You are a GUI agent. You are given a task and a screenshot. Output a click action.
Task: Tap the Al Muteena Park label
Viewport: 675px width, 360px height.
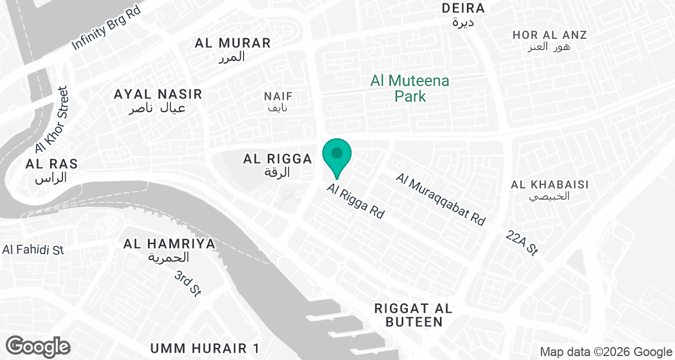(409, 89)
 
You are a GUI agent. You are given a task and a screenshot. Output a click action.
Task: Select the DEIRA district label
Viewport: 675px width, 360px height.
(463, 8)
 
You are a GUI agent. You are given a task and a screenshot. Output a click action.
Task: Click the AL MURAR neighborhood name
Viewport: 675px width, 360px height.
(233, 43)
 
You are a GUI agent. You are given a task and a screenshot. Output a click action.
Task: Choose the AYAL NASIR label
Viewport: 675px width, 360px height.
(157, 94)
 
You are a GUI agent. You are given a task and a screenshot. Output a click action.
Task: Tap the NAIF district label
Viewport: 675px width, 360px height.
(278, 97)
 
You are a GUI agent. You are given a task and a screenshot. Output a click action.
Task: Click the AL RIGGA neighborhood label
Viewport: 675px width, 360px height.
(277, 159)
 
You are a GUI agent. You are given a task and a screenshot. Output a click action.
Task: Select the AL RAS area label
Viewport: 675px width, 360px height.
(51, 164)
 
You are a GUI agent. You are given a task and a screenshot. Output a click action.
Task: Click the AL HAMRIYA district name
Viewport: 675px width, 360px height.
(169, 244)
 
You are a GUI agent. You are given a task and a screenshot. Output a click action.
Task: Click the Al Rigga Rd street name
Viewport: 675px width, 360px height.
(355, 201)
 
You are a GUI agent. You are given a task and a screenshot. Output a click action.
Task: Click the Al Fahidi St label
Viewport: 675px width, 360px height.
(33, 250)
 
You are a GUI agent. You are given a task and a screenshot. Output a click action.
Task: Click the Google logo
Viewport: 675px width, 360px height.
(38, 346)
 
